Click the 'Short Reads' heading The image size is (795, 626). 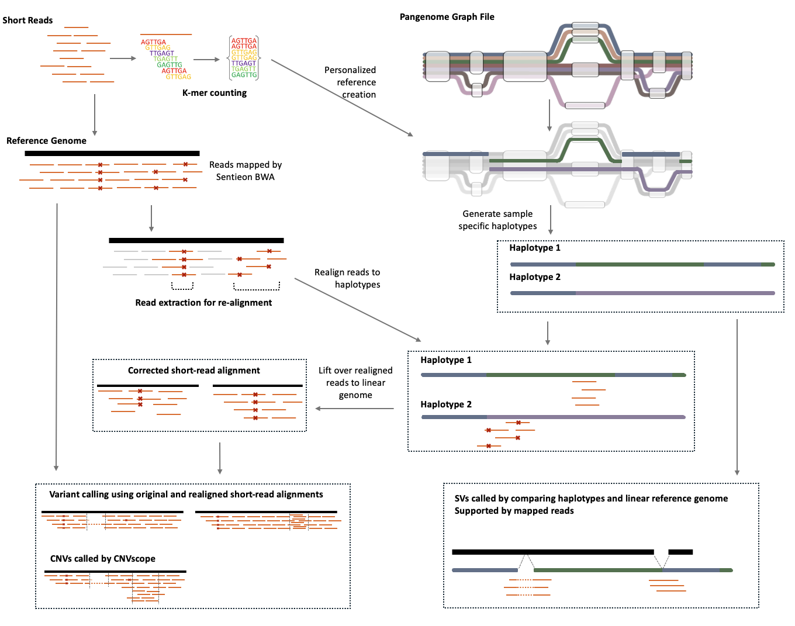coord(27,20)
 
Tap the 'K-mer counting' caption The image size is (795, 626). coord(215,93)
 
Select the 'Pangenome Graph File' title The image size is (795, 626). coord(447,17)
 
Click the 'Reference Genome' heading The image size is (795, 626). coord(46,141)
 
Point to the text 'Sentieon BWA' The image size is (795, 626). coord(245,177)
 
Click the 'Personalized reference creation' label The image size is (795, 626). coord(350,82)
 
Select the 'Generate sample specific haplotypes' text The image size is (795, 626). coord(497,220)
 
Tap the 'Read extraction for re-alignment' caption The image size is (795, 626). coord(203,303)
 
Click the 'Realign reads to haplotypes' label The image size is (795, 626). coord(347,279)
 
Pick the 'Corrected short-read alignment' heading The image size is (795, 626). coord(193,371)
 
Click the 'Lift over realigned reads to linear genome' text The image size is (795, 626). coord(355,383)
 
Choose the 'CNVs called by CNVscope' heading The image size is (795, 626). coord(103,559)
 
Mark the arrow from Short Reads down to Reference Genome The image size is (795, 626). coord(95,114)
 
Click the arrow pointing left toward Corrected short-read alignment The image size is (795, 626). coord(354,409)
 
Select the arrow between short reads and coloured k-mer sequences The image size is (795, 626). coord(123,58)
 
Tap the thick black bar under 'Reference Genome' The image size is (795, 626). coord(112,153)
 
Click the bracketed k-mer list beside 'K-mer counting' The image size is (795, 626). coord(244,58)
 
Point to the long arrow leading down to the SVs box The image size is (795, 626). coord(737,397)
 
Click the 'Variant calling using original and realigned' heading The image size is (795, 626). coord(186,494)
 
